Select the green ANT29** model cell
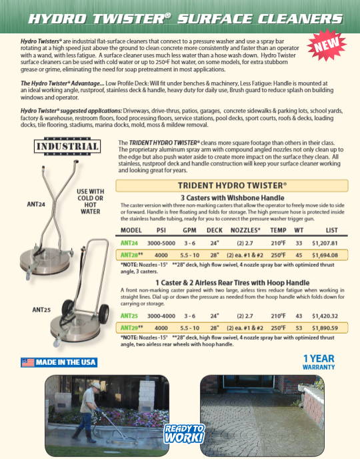tap(131, 328)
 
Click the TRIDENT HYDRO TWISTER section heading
tap(233, 185)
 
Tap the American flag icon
tap(27, 362)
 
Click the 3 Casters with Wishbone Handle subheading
tap(233, 197)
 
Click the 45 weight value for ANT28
tap(298, 254)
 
